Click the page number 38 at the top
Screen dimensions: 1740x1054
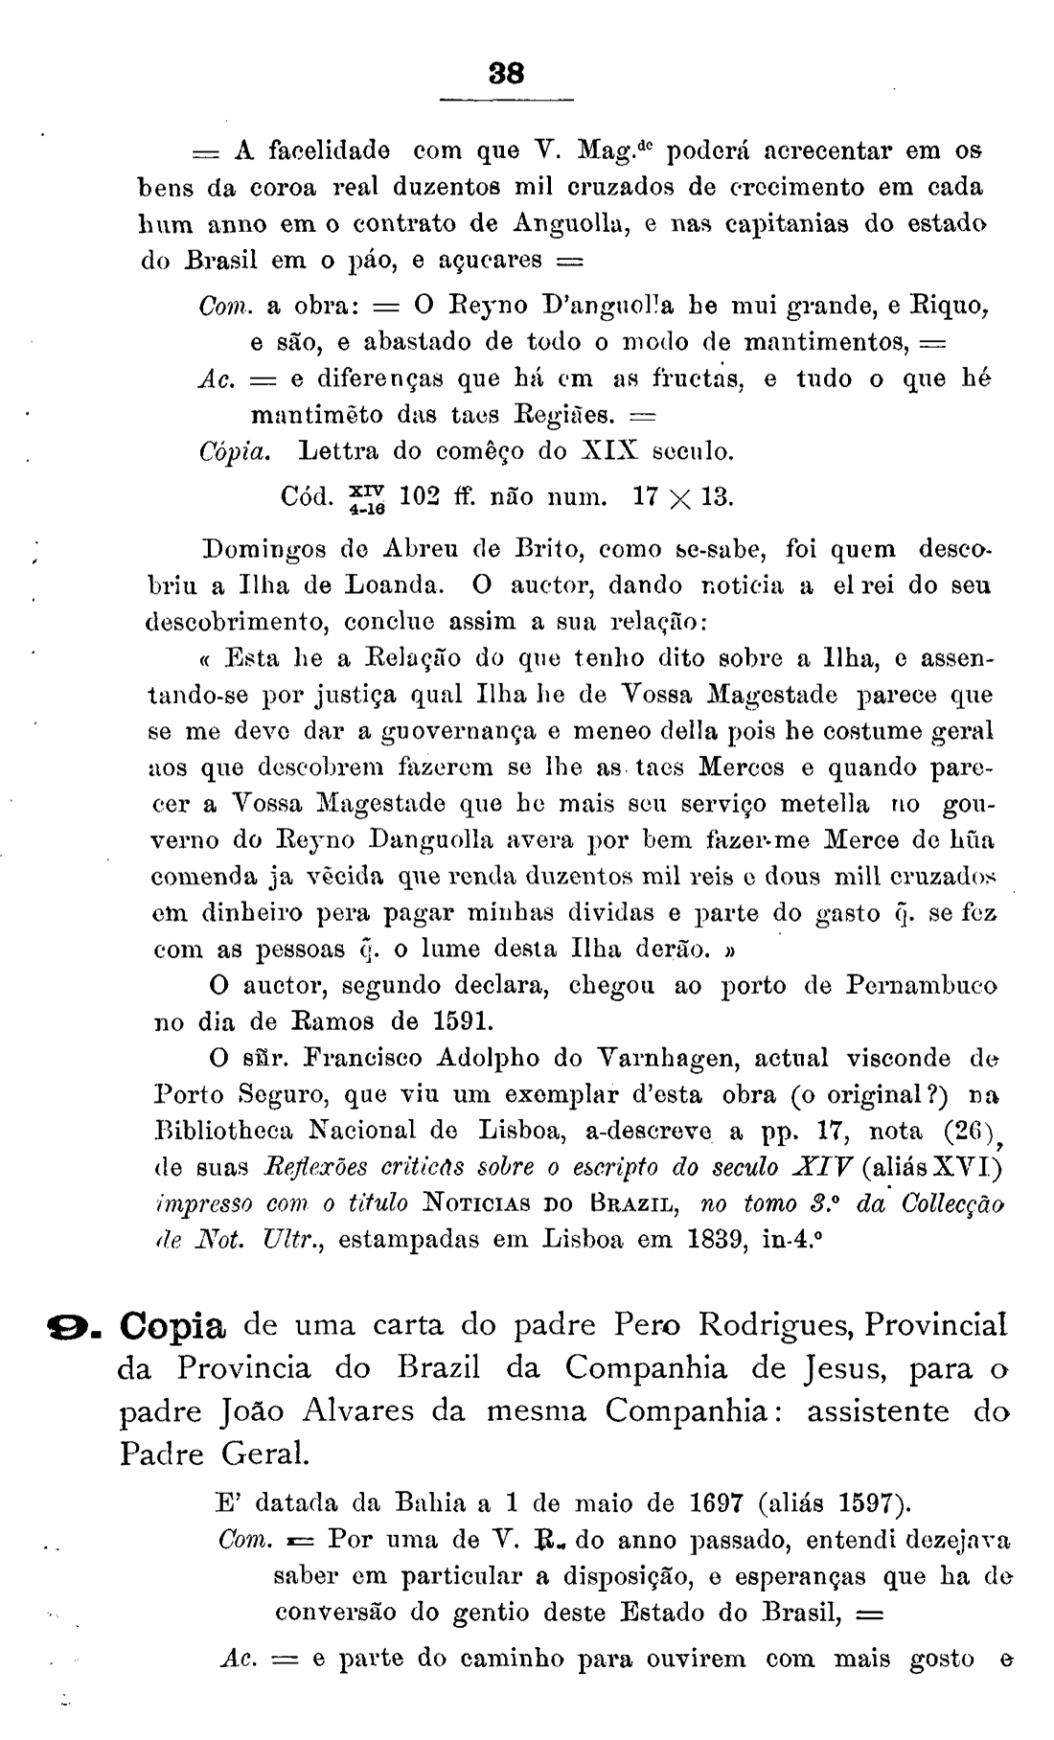pos(505,74)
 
